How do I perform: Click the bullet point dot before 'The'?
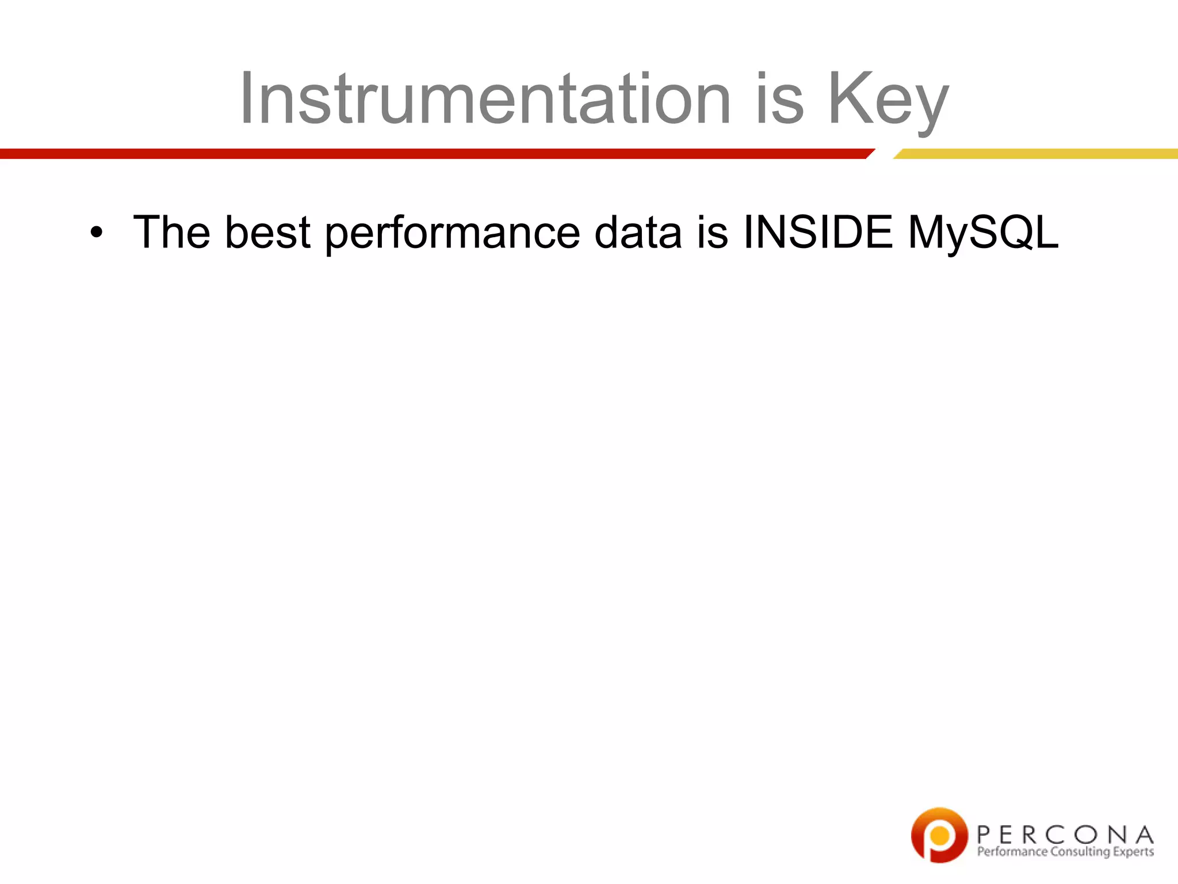coord(96,233)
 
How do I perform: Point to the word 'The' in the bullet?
coord(171,232)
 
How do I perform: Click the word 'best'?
coord(267,232)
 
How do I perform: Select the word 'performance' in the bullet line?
coord(452,233)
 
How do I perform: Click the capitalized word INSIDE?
coord(818,232)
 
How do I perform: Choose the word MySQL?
coord(982,233)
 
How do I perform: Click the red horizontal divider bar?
coord(431,154)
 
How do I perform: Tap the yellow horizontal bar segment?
coord(1035,154)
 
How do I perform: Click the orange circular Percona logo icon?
coord(939,835)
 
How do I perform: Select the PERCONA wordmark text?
coord(1065,835)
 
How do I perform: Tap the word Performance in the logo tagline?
coord(1012,852)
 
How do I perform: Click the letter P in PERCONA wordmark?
coord(984,835)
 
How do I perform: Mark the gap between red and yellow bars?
coord(883,154)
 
